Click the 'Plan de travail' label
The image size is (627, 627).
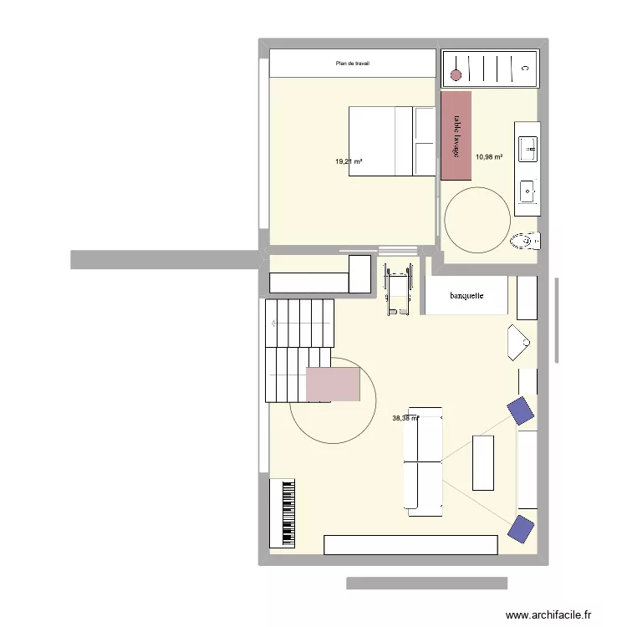pos(353,64)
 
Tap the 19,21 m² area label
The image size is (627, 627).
pos(349,161)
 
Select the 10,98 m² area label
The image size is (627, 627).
pos(489,156)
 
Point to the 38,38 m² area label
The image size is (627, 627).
pos(405,419)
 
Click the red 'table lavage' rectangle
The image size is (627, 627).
pos(456,135)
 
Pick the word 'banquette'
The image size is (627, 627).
pos(466,296)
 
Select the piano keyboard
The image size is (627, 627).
pos(283,512)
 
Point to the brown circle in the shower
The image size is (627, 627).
pos(456,75)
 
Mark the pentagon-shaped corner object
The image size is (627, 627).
pos(517,343)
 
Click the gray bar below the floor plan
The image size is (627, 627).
pos(426,583)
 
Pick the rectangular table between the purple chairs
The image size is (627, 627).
pos(483,461)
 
